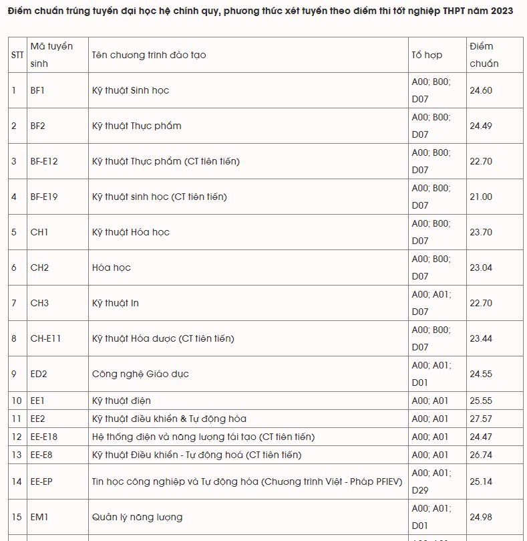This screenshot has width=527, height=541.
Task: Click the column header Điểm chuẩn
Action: click(484, 55)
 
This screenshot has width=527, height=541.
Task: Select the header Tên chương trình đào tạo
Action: click(148, 55)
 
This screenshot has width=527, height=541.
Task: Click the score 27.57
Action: click(481, 419)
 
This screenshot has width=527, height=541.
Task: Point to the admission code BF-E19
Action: click(44, 197)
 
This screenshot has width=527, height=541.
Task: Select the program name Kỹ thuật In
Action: click(116, 303)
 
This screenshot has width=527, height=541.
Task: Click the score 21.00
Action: click(481, 197)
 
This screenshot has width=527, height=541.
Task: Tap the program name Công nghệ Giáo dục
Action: click(140, 374)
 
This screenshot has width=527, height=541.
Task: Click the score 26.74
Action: click(481, 455)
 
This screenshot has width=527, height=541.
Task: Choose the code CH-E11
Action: click(45, 338)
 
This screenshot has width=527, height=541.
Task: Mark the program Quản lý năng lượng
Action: click(137, 517)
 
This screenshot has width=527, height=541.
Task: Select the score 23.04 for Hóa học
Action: click(481, 267)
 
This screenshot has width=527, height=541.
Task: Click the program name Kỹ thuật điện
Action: click(122, 401)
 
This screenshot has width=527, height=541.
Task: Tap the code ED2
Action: click(39, 374)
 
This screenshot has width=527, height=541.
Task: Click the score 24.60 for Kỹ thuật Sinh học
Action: click(481, 90)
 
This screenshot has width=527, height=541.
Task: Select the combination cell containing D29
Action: click(431, 481)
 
